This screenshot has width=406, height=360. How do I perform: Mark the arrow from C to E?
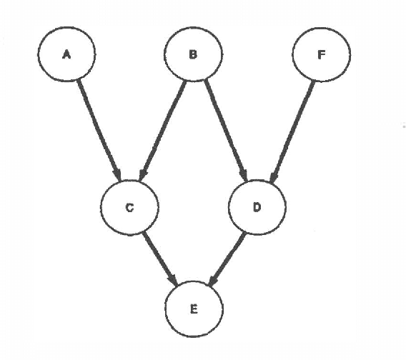pyautogui.click(x=160, y=257)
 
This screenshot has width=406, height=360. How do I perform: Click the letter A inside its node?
pyautogui.click(x=66, y=54)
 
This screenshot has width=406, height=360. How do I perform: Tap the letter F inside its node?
pyautogui.click(x=321, y=54)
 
